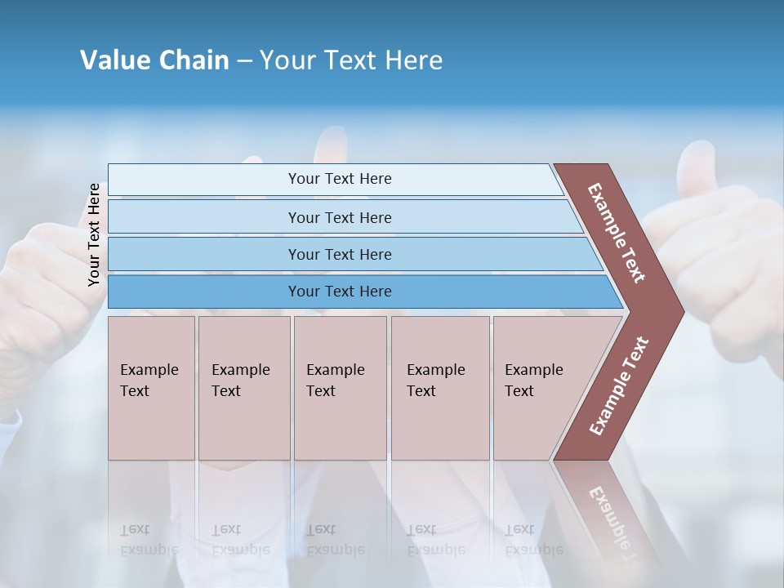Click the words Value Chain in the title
154,60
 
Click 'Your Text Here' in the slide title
351,60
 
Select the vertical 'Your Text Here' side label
94,234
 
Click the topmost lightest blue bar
339,179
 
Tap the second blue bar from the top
339,217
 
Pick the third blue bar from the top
339,254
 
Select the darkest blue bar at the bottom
339,292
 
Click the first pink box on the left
151,388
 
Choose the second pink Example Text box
243,388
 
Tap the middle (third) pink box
339,388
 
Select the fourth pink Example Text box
439,388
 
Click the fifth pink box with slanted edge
539,388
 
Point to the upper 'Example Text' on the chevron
617,233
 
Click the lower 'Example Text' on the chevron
619,386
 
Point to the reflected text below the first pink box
149,539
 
